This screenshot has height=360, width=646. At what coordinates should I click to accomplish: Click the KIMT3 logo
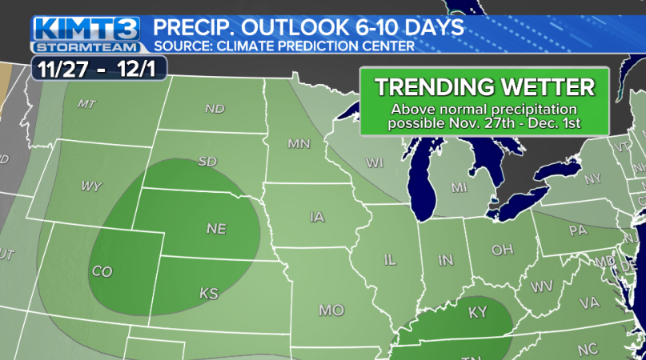[x=86, y=29]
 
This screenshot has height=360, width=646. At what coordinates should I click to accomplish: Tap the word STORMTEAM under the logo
[x=86, y=46]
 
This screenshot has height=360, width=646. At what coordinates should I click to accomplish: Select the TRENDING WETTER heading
[x=484, y=86]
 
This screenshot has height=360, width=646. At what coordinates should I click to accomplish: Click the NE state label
[x=216, y=229]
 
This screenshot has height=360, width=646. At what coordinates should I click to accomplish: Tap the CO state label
[x=102, y=271]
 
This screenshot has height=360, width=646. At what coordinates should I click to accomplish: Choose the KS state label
[x=208, y=294]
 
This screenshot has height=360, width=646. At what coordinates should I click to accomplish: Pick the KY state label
[x=477, y=312]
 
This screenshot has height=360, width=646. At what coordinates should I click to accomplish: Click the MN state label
[x=299, y=144]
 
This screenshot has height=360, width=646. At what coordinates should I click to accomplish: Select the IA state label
[x=318, y=217]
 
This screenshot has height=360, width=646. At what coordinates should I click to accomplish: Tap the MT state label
[x=87, y=104]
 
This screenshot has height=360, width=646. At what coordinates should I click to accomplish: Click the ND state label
[x=215, y=108]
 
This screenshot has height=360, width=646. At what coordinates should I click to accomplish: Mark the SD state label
[x=207, y=162]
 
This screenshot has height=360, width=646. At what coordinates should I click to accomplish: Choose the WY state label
[x=90, y=186]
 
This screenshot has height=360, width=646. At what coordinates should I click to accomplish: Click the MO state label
[x=329, y=309]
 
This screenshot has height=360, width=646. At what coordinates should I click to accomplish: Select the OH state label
[x=502, y=250]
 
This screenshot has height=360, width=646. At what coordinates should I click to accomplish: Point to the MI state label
[x=459, y=187]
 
